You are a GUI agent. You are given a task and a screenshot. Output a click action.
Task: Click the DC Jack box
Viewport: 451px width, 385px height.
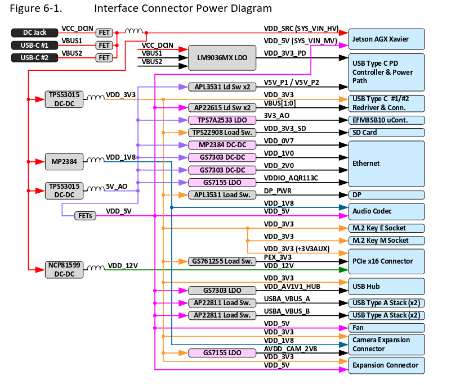[x=34, y=33]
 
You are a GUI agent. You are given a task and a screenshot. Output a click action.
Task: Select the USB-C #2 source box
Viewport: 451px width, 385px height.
[x=34, y=57]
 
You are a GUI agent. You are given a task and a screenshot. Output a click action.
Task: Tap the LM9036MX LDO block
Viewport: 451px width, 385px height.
[x=222, y=57]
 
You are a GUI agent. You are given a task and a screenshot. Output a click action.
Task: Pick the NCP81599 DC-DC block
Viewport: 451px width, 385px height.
[x=65, y=269]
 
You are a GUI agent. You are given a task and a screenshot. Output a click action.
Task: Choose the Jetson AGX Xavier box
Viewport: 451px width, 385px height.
[x=387, y=39]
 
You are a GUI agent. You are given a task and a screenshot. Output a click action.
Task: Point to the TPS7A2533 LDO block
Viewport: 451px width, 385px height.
[x=222, y=120]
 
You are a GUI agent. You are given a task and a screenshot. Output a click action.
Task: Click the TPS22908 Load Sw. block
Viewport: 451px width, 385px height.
[x=222, y=133]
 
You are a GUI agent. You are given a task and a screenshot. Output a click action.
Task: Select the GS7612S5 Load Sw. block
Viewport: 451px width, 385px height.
[x=222, y=261]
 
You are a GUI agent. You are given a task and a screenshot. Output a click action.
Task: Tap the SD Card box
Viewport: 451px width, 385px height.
[x=387, y=133]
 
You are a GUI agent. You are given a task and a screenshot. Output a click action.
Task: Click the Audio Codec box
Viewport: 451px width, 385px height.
[x=387, y=211]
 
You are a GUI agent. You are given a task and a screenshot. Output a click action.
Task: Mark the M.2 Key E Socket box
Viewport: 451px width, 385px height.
[x=387, y=228]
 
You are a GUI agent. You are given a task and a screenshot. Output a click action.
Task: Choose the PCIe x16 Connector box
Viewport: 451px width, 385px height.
[x=387, y=261]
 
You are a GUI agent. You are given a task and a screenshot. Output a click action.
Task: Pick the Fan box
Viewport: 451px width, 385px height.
[x=387, y=327]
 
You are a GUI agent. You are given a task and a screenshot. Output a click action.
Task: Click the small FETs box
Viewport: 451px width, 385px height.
[x=86, y=215]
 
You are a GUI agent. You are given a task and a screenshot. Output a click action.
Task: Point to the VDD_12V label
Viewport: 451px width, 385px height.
[x=123, y=265]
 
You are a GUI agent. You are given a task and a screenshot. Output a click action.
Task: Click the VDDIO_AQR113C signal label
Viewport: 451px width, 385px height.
[x=291, y=178]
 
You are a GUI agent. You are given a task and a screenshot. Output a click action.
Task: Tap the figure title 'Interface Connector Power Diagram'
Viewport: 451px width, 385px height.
[x=182, y=8]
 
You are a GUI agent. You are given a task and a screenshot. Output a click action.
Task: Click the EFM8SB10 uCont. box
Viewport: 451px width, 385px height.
[x=387, y=120]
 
